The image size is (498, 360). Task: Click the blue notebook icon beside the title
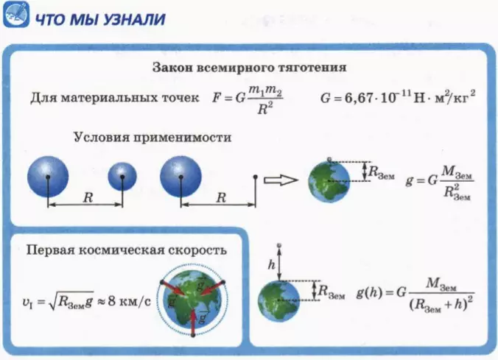click(x=16, y=15)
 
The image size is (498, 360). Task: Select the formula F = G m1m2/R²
click(x=248, y=99)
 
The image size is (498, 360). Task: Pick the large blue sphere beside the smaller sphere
click(x=48, y=177)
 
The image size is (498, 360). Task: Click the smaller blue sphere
click(x=122, y=177)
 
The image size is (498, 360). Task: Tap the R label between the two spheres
click(x=88, y=198)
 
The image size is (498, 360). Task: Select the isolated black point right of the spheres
click(x=256, y=177)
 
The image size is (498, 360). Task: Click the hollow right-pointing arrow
click(x=281, y=180)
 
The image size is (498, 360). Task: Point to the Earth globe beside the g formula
click(x=329, y=181)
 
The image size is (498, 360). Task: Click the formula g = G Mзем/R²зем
click(x=440, y=183)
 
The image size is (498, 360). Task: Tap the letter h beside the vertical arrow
click(x=272, y=264)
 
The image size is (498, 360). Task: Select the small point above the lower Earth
click(x=279, y=245)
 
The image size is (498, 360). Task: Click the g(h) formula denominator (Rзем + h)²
click(x=441, y=304)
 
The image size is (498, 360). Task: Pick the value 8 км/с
click(x=129, y=300)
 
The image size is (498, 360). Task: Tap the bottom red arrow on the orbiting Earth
click(x=194, y=322)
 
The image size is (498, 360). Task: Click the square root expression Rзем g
click(x=71, y=300)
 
